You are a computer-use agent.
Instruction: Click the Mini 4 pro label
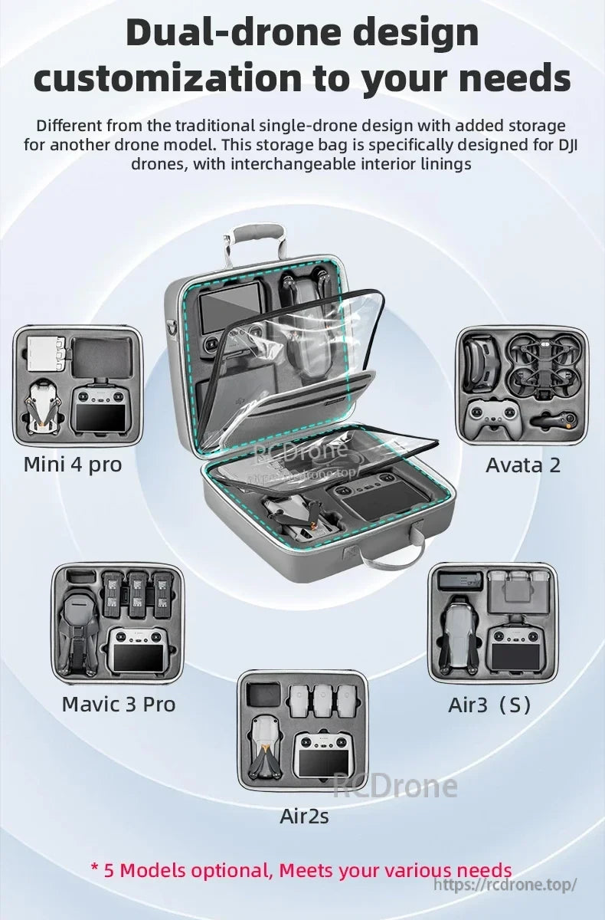tap(73, 465)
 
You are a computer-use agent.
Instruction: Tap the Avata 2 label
tap(523, 465)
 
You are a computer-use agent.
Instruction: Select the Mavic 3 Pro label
tap(119, 704)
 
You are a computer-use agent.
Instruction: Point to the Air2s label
tap(304, 816)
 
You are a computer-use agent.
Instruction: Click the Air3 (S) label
tap(489, 705)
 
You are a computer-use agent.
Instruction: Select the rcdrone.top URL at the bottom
tap(505, 885)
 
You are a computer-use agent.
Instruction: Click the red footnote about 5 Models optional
tap(301, 870)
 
